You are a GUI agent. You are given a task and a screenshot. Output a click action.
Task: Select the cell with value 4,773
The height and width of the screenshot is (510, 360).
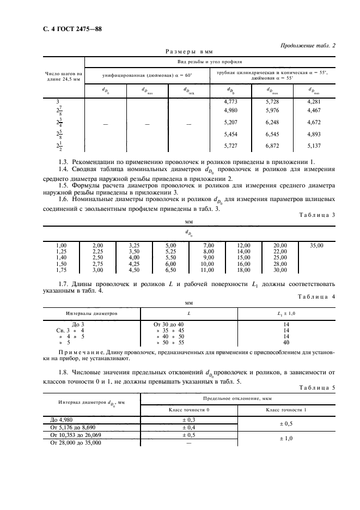click(x=231, y=102)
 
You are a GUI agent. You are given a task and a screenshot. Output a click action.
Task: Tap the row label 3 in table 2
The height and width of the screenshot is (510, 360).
click(x=58, y=102)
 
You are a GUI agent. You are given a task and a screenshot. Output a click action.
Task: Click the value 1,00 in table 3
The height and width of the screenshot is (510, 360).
click(x=61, y=246)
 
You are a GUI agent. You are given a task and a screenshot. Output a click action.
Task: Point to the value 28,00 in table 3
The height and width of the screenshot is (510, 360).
click(x=280, y=264)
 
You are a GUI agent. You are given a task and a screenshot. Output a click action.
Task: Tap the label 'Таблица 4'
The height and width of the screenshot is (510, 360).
click(x=319, y=296)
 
